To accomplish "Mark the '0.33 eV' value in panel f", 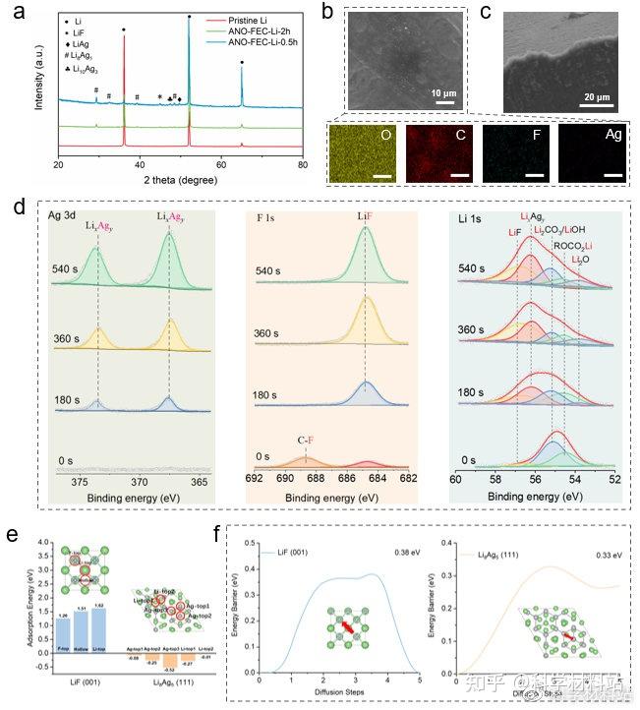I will pyautogui.click(x=599, y=550).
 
